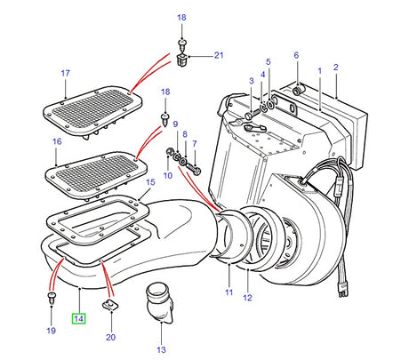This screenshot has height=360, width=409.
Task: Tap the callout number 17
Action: point(65,72)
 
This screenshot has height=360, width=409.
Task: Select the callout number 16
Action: point(57,140)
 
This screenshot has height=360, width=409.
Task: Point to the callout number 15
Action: point(149,182)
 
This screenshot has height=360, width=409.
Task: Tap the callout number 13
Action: point(161,350)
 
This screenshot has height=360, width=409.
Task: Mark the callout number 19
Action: point(50,331)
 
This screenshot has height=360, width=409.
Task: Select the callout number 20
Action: point(110,338)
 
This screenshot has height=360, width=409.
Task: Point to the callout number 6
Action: point(296,55)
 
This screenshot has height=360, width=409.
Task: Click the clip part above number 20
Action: point(110,308)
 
